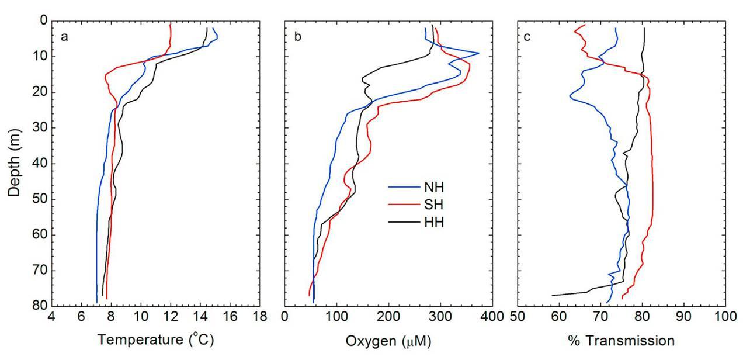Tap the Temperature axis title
coord(156,341)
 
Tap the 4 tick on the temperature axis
coord(51,317)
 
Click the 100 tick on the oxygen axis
coord(336,317)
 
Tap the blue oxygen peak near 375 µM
coord(478,53)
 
